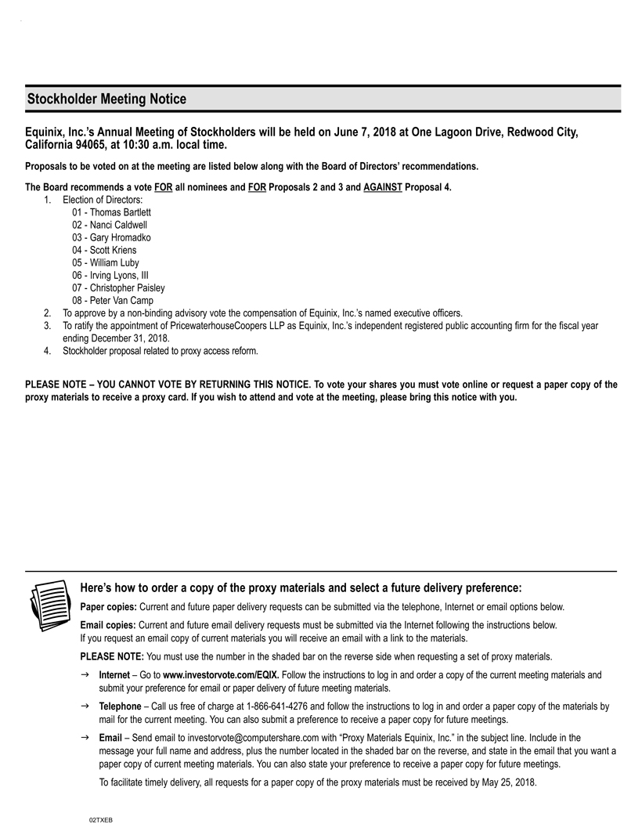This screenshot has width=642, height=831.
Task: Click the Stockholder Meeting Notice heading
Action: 106,99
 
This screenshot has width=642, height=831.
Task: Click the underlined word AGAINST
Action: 383,188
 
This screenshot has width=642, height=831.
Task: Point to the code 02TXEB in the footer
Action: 101,818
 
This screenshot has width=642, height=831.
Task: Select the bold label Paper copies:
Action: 109,607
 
